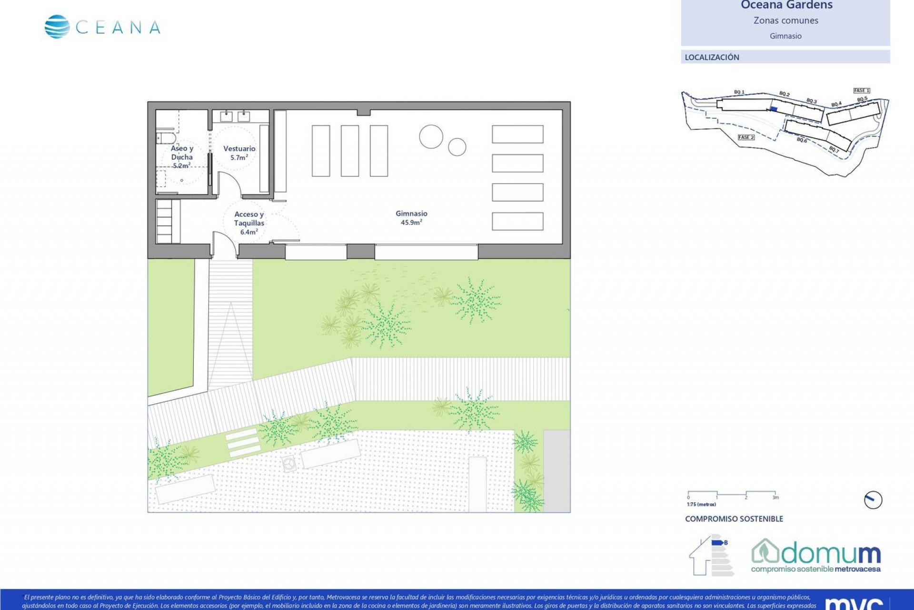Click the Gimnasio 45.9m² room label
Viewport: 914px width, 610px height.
(411, 218)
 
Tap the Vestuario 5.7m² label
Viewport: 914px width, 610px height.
(239, 152)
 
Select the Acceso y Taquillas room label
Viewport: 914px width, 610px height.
(249, 223)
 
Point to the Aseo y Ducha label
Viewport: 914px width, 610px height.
(182, 157)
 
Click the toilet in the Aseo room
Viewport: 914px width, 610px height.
(165, 138)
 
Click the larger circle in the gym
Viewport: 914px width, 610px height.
(431, 136)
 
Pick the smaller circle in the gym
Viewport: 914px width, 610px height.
(457, 147)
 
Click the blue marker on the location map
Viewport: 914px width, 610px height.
(774, 109)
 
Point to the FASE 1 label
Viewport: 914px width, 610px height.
(862, 91)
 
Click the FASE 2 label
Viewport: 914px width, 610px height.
(746, 137)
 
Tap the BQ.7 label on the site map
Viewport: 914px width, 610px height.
(834, 150)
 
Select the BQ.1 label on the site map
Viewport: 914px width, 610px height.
(739, 92)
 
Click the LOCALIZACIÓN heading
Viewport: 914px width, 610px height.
(712, 57)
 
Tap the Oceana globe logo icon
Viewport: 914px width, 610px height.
(57, 27)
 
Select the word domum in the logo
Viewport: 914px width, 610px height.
(830, 554)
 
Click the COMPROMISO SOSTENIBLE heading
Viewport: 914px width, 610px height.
(734, 519)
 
